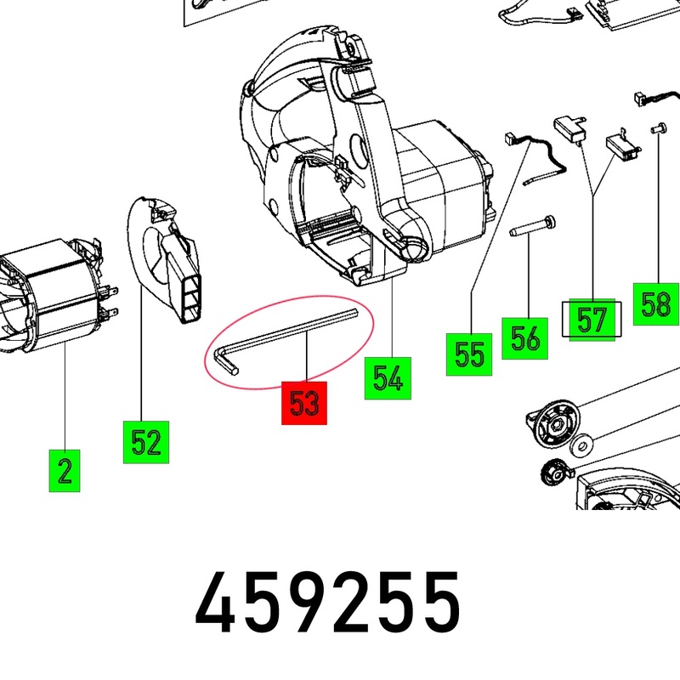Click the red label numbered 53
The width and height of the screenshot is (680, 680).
[x=304, y=403]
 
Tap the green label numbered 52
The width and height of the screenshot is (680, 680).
[x=146, y=442]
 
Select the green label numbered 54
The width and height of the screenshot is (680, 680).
[x=388, y=378]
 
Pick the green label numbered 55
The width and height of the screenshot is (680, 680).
[x=469, y=354]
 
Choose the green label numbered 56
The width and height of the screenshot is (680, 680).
[x=524, y=338]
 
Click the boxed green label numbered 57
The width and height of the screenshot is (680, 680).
[x=592, y=320]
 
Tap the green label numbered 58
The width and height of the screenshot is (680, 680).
[x=655, y=303]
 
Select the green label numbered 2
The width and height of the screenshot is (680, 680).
[x=65, y=471]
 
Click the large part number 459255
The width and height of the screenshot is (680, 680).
[x=327, y=603]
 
